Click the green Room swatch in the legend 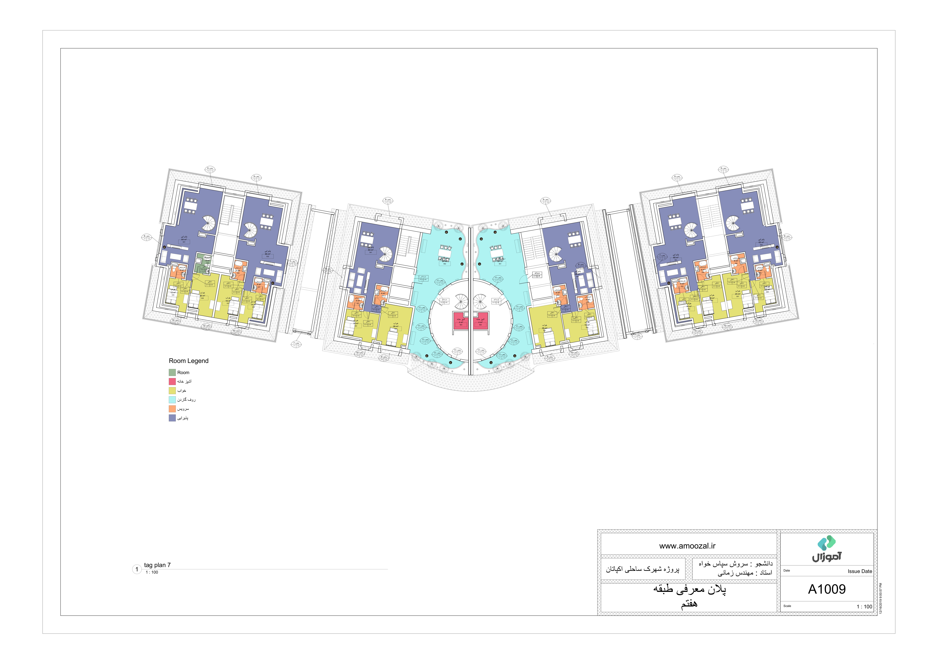pyautogui.click(x=172, y=372)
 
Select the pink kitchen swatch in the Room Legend pyautogui.click(x=172, y=381)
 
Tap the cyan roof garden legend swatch pyautogui.click(x=172, y=400)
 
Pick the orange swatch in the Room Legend pyautogui.click(x=172, y=409)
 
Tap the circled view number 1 pyautogui.click(x=137, y=569)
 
